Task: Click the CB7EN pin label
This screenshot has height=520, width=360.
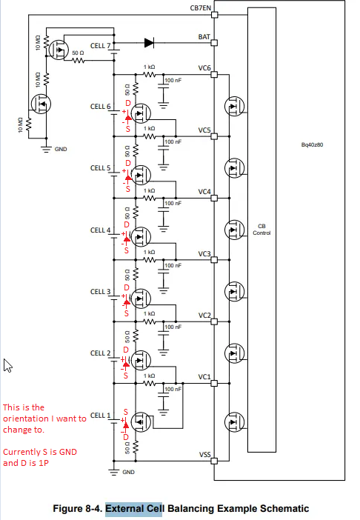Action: (x=200, y=7)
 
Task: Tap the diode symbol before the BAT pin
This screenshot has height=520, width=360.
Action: (x=149, y=42)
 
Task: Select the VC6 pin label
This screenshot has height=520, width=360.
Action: (x=204, y=67)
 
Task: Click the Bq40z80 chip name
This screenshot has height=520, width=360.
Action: (x=312, y=144)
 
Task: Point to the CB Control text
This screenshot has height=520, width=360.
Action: (x=261, y=230)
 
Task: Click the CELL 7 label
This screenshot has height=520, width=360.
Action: (x=100, y=46)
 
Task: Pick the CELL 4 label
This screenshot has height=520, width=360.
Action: (x=100, y=230)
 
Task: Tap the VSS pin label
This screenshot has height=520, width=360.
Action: (x=205, y=454)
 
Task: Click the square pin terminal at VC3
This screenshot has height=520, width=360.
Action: (x=215, y=260)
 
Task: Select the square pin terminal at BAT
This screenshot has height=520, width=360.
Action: (x=215, y=42)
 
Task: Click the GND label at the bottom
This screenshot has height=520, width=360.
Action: (x=128, y=472)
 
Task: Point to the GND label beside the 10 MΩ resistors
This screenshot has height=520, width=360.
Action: (x=61, y=149)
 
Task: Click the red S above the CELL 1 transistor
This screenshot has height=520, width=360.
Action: (x=126, y=412)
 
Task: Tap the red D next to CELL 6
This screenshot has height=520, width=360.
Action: (x=128, y=103)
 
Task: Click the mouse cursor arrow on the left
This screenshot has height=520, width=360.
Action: (x=7, y=365)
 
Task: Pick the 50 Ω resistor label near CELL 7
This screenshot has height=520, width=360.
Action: (x=78, y=53)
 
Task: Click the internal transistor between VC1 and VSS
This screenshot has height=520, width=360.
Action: (x=234, y=422)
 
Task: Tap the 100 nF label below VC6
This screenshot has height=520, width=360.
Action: (x=173, y=80)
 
